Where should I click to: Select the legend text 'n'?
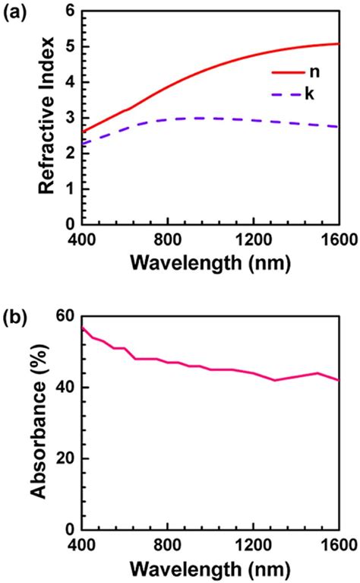click(x=313, y=74)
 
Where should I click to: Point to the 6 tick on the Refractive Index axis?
click(x=70, y=11)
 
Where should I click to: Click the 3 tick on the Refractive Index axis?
click(x=70, y=118)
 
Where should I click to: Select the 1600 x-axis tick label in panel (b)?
click(x=334, y=546)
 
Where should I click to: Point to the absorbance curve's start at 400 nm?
click(x=82, y=328)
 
